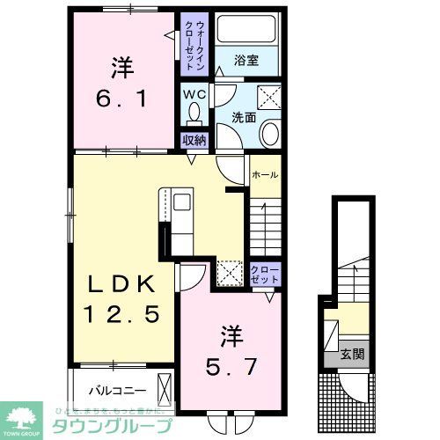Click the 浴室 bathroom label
(x=246, y=62)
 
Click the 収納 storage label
(x=194, y=140)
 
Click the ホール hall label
(x=264, y=175)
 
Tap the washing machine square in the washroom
(x=268, y=97)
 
